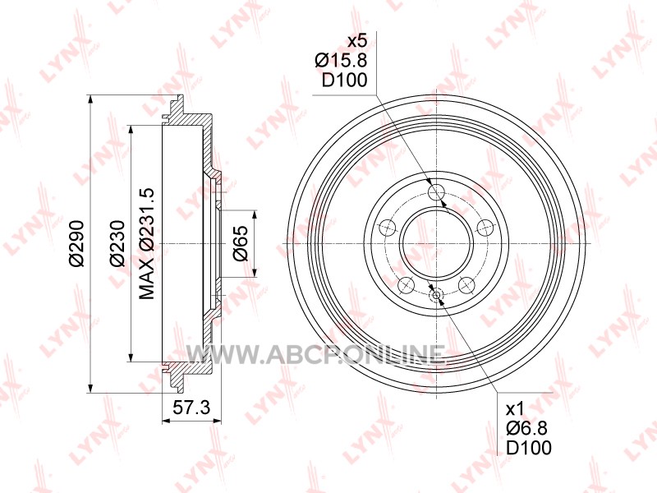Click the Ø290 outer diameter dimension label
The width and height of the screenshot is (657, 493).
click(x=77, y=243)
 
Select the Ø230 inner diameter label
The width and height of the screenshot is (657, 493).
click(x=117, y=243)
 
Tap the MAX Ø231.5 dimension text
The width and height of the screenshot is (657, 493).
click(x=147, y=243)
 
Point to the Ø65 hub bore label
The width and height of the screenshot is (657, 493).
click(x=241, y=243)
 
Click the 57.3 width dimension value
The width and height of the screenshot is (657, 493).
click(x=191, y=408)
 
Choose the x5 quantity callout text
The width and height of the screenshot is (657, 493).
click(x=357, y=41)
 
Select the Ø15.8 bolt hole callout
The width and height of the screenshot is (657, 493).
click(x=341, y=60)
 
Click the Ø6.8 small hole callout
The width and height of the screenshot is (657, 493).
click(x=526, y=428)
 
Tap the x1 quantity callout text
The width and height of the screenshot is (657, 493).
click(x=515, y=408)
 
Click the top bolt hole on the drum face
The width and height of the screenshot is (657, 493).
click(x=436, y=192)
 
